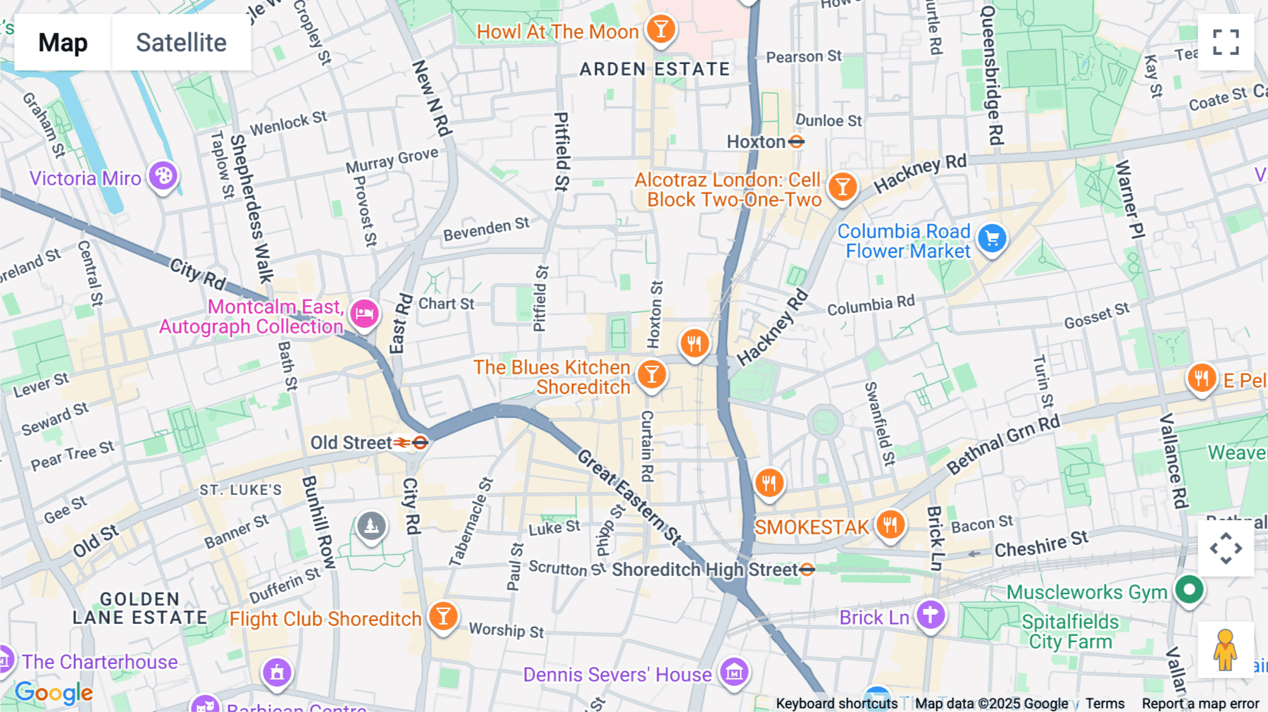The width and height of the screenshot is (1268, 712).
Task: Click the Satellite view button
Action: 181,42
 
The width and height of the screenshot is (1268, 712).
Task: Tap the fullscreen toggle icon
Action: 1226,42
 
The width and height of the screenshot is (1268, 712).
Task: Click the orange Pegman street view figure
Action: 1226,649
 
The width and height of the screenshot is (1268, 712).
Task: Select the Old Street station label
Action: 351,443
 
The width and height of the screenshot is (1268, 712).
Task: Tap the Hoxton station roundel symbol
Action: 797,142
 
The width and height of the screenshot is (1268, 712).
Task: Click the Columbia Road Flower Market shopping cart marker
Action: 993,238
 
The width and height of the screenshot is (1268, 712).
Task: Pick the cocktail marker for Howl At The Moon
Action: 661,30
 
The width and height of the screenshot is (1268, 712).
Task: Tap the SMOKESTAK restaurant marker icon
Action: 890,524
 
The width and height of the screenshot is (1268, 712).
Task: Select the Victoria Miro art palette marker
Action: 163,176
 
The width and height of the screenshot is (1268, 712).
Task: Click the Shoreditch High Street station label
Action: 704,570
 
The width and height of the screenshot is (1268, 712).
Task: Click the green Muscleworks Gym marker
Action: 1189,589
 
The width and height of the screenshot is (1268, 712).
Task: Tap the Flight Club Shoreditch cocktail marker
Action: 443,616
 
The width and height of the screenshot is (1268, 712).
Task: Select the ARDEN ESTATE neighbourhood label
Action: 654,69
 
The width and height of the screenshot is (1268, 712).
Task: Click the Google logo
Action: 54,693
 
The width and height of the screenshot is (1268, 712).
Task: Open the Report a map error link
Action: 1200,704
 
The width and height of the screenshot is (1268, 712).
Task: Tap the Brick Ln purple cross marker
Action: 931,614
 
